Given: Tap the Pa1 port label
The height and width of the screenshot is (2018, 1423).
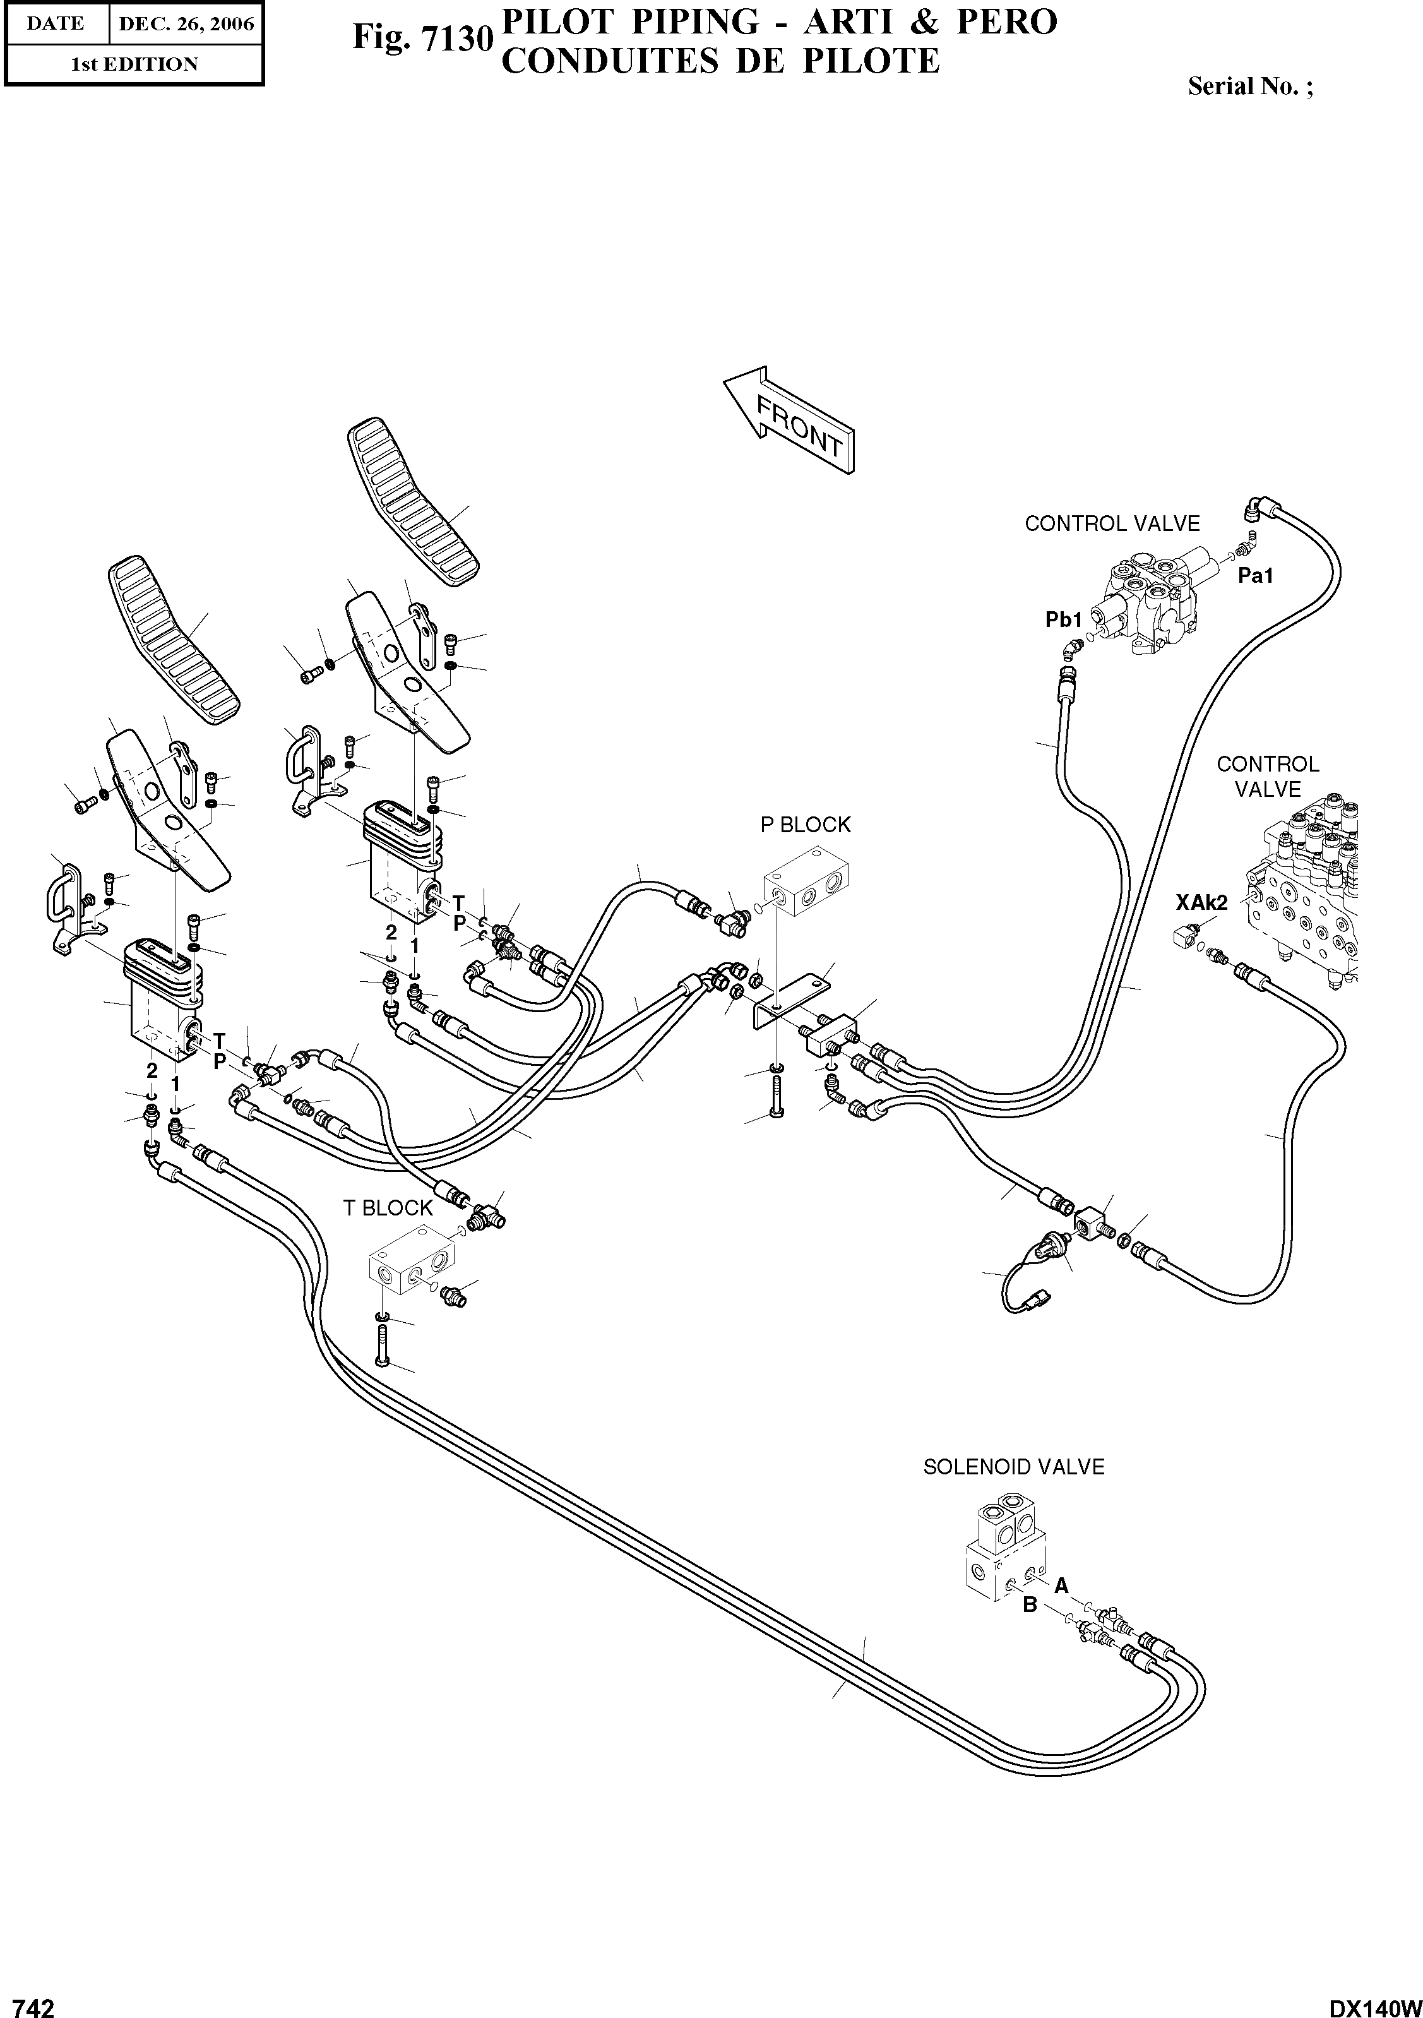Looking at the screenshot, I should coord(1255,576).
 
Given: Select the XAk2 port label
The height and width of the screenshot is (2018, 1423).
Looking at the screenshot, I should coord(1201,901).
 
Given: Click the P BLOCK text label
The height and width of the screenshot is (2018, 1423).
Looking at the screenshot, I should coord(805,825).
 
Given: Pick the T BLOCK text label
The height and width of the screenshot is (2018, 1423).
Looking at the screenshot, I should coord(388,1209).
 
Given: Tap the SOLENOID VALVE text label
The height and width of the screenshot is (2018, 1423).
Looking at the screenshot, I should coord(1013,1467).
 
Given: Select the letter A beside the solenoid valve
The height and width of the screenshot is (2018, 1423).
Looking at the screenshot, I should coord(1061,1585).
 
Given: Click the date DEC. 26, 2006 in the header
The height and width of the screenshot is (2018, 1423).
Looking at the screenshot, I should coord(186,24).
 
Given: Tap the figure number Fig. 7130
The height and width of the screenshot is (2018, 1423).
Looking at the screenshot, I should coord(421,38).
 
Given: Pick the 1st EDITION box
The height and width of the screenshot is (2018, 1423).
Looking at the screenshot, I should coord(134,64).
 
